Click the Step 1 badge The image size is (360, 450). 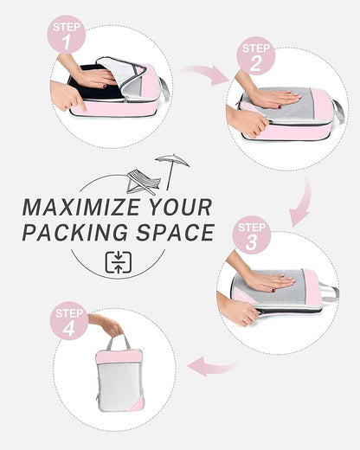pyautogui.click(x=66, y=35)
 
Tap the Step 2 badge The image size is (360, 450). pyautogui.click(x=255, y=55)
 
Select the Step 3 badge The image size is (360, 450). pyautogui.click(x=252, y=236)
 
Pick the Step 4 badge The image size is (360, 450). pyautogui.click(x=70, y=320)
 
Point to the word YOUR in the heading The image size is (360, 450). pyautogui.click(x=177, y=208)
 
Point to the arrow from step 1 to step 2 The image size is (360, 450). pyautogui.click(x=204, y=75)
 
